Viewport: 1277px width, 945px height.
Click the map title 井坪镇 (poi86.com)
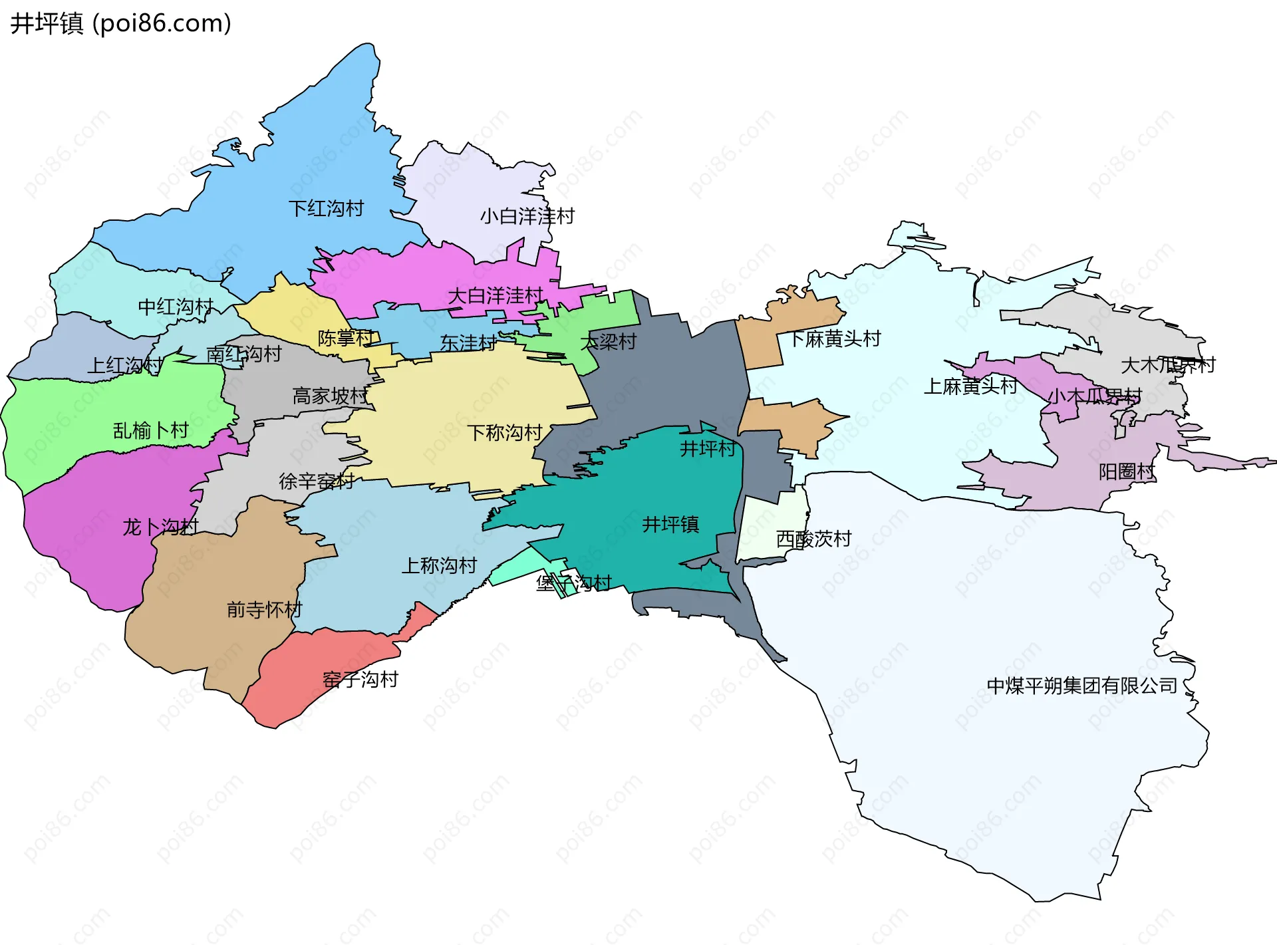click(121, 23)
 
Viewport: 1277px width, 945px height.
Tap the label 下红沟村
click(326, 209)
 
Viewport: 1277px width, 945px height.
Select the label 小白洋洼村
click(527, 216)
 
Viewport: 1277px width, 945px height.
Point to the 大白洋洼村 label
click(496, 295)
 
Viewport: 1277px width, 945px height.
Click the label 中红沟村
click(176, 307)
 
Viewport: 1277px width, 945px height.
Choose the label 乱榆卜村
click(151, 431)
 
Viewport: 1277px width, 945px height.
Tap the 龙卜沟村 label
click(160, 527)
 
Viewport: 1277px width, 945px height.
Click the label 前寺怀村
click(264, 609)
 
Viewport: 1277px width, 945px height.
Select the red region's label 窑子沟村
click(360, 680)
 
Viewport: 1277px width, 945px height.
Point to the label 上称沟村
click(439, 566)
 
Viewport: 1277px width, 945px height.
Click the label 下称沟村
click(505, 433)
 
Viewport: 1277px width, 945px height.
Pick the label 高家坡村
click(331, 396)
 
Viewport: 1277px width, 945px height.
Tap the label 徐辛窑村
click(317, 481)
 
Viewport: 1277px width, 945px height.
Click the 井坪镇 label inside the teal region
click(670, 525)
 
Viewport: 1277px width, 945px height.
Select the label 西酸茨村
click(813, 539)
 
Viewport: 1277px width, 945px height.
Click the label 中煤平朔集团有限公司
click(1082, 686)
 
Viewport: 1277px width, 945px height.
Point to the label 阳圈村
click(1127, 472)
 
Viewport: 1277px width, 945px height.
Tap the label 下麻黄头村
click(835, 339)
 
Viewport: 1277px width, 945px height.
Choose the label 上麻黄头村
click(970, 386)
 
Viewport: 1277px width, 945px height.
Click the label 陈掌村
click(346, 338)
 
